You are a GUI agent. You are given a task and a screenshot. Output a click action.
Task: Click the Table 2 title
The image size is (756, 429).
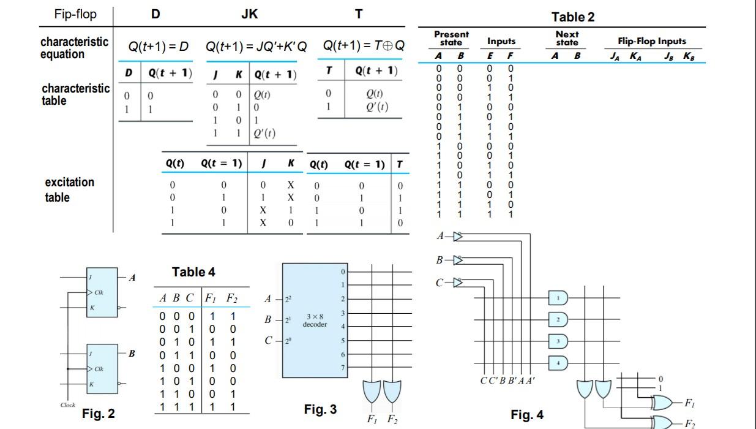point(572,17)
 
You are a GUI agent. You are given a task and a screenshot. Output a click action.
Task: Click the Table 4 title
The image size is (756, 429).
point(193,272)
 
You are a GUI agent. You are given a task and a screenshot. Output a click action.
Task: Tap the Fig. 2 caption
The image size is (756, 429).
point(98,414)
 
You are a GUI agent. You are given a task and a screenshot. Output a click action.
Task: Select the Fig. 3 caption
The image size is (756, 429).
point(320,409)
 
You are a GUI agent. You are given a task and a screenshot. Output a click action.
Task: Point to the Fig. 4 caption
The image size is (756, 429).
point(526,415)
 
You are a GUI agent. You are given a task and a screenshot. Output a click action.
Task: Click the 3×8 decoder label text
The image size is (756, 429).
point(315,320)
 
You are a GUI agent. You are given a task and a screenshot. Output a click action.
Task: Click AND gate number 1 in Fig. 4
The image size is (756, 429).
point(558,298)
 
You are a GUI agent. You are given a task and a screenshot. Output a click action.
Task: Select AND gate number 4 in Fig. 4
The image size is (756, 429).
point(558,363)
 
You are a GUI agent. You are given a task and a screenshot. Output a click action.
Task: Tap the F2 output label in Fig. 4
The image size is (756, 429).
point(690,423)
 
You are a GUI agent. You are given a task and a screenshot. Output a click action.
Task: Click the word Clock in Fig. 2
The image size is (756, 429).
point(68,405)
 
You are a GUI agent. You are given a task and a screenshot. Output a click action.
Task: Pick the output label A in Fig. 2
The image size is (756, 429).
point(132,278)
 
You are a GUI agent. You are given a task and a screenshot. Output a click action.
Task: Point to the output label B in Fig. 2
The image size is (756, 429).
point(132,354)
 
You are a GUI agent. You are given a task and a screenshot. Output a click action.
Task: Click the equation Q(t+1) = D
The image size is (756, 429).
point(158,47)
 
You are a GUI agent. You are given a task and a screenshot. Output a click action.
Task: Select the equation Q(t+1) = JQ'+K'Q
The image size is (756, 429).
point(256,47)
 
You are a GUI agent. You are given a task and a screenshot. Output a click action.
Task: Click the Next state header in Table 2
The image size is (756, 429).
point(567,38)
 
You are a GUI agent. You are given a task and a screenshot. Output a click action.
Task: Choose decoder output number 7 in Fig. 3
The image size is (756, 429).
point(343,367)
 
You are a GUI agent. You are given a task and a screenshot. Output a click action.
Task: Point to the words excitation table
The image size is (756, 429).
point(69,189)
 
